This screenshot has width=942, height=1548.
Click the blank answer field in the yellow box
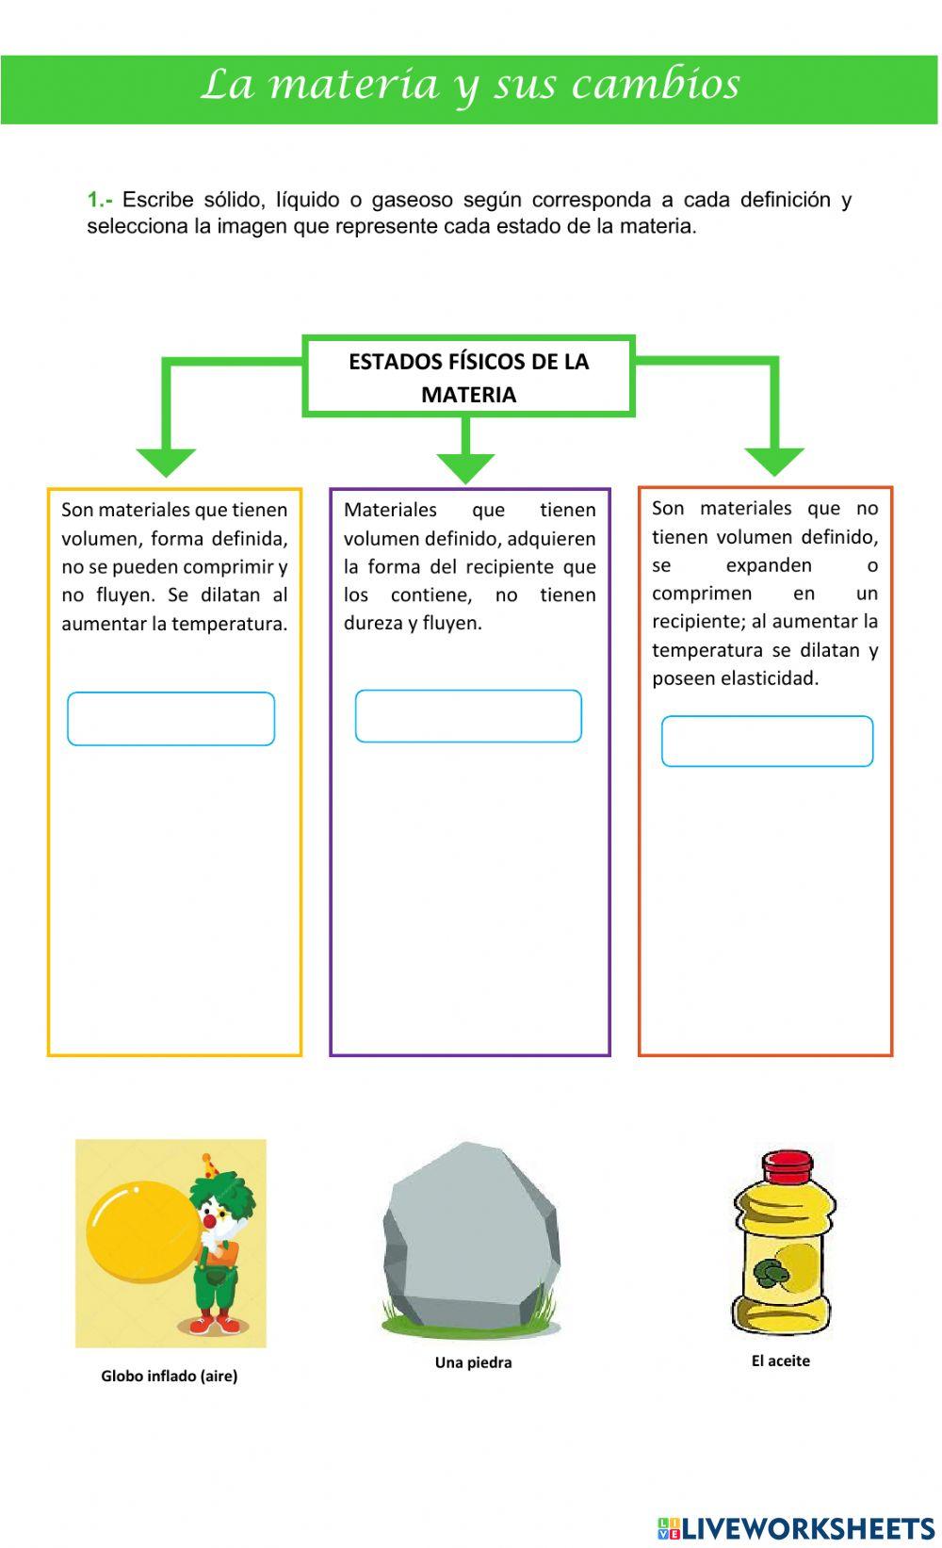point(171,719)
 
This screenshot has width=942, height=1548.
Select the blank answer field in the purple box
point(468,716)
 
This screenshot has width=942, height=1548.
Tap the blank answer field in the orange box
point(767,741)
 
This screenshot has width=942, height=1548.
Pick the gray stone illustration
point(471,1234)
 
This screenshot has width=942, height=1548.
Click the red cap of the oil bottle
point(787,1166)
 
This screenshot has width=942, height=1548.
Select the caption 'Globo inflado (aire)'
point(170,1376)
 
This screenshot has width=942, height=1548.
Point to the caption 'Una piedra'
point(473,1362)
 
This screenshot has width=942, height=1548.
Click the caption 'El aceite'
point(781,1361)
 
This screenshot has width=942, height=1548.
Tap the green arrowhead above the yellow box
point(166,462)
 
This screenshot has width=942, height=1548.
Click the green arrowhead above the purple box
point(465,467)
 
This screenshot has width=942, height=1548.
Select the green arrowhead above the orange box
point(774,461)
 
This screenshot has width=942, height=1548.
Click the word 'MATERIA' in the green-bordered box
point(468,395)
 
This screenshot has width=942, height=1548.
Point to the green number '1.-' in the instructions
point(99,200)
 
